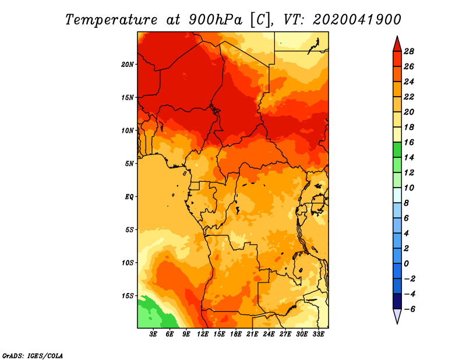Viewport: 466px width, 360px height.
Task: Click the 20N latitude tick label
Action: [128, 65]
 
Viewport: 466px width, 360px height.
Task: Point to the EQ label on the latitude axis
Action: [129, 197]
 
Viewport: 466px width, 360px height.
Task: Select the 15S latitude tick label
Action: [128, 296]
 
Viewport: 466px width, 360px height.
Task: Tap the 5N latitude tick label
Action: [129, 164]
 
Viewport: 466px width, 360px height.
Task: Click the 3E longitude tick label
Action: [153, 334]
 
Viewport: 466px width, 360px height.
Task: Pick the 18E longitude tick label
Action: [236, 334]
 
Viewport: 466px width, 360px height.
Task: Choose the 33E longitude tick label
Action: [318, 334]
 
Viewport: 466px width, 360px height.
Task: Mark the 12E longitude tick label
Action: [203, 334]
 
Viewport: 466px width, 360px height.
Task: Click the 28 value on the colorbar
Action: [409, 51]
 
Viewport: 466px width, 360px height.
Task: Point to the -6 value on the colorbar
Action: [409, 309]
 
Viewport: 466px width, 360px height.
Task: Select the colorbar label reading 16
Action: [409, 142]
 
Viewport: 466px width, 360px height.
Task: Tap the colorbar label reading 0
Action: [406, 264]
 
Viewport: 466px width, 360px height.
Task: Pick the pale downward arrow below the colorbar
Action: [397, 316]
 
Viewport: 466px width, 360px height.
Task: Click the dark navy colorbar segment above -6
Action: [397, 301]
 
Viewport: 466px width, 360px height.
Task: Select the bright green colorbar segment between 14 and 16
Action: [397, 150]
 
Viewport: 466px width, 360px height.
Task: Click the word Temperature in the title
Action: [111, 20]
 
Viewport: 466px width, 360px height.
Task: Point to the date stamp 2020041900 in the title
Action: [357, 20]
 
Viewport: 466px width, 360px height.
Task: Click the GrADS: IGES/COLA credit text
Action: [33, 356]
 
